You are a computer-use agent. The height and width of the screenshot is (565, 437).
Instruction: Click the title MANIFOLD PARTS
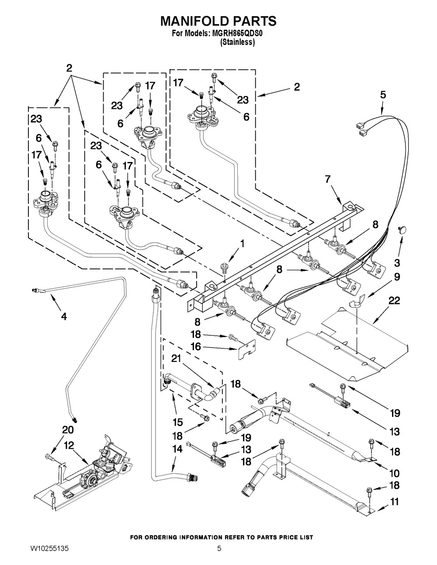[x=218, y=21]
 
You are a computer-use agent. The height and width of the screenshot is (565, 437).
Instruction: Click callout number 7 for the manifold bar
[x=328, y=178]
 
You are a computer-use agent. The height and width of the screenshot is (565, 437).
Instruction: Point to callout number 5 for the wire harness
[x=383, y=94]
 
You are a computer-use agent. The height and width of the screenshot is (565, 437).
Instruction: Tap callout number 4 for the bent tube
[x=64, y=317]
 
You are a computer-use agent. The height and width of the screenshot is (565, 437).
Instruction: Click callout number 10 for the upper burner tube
[x=395, y=473]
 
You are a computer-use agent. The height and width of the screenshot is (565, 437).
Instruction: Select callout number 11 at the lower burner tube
[x=395, y=503]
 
